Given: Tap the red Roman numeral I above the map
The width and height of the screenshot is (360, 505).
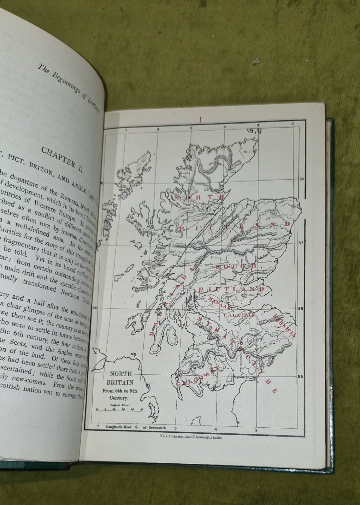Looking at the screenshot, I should click(201, 120).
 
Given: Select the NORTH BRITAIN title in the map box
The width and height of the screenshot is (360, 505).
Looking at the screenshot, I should click(121, 377).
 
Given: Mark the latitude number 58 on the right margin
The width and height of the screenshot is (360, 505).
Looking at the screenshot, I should click(301, 179).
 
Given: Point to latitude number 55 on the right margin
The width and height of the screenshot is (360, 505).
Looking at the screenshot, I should click(301, 377).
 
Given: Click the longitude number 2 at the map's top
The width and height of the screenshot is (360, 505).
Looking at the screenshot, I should click(292, 124).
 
